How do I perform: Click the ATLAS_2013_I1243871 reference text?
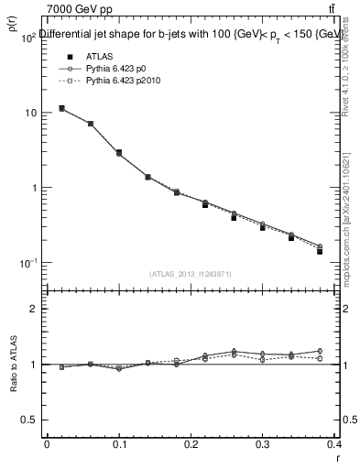coord(191,274)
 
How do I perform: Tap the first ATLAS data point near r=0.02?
coord(61,108)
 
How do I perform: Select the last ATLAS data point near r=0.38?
coord(320,251)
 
